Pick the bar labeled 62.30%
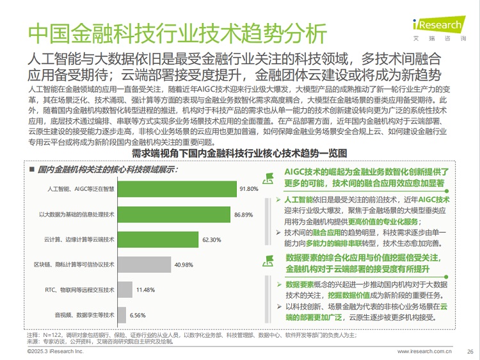[x=157, y=239]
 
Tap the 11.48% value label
[x=145, y=290]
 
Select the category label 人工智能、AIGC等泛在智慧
[x=81, y=190]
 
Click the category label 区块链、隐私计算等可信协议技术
[x=74, y=265]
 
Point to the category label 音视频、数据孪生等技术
[x=84, y=315]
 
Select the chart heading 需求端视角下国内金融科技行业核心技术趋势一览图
[x=239, y=154]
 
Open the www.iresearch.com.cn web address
[x=424, y=351]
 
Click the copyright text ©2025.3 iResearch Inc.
[x=56, y=351]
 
